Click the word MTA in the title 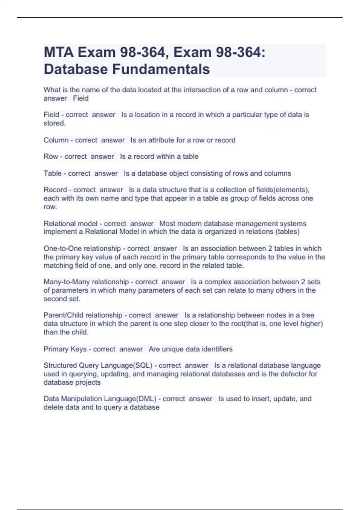tap(58, 53)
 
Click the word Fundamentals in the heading tap(161, 69)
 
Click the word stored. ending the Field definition tap(55, 123)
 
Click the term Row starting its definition tap(51, 157)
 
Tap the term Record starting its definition tap(55, 190)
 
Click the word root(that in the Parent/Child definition tap(251, 324)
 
